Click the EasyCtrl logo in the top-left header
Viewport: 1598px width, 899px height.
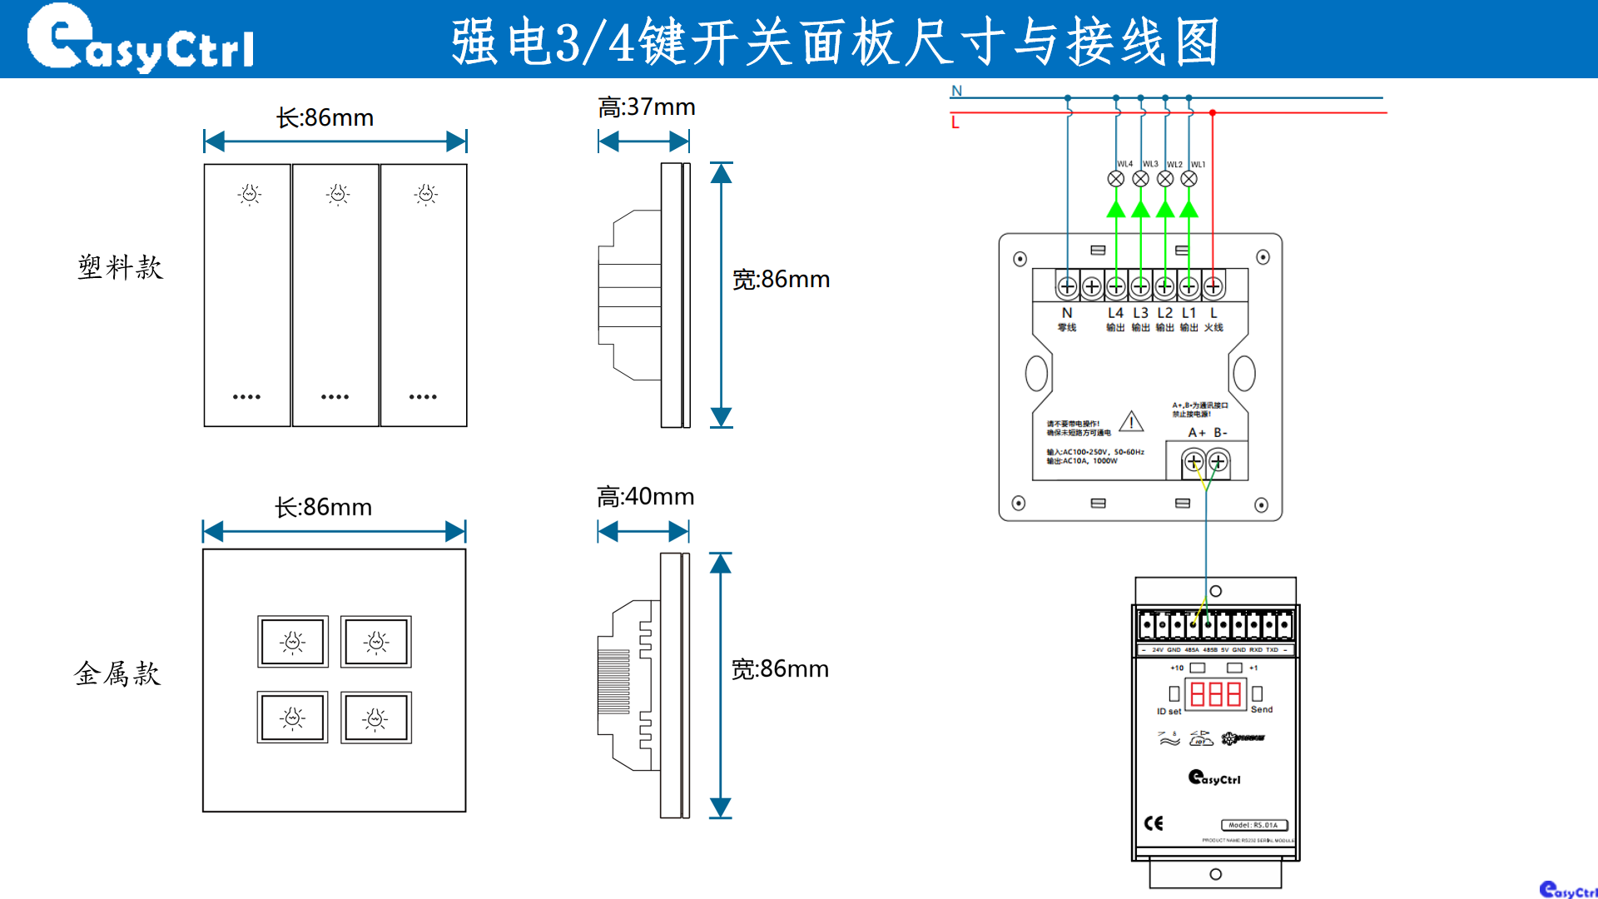(140, 38)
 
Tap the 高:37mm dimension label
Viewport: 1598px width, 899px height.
(646, 107)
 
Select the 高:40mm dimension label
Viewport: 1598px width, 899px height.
(645, 497)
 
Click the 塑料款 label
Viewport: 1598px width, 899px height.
(120, 267)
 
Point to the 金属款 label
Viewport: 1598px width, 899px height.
(117, 673)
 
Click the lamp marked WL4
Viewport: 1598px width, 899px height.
(1116, 179)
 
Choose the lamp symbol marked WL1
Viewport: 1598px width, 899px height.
(1189, 179)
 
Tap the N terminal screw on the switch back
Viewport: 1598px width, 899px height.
(1067, 286)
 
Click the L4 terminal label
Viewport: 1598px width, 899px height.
(1115, 313)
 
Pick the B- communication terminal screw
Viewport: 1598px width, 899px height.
(1218, 461)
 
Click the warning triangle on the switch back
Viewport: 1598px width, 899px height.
(1131, 422)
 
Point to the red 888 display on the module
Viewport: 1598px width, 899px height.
(1215, 694)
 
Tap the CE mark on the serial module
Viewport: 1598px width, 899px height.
(1154, 823)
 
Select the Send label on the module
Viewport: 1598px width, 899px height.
(1262, 709)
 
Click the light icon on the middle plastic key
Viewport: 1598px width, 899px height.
(338, 195)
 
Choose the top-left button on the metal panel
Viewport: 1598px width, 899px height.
(293, 642)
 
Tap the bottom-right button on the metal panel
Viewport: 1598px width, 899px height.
(376, 718)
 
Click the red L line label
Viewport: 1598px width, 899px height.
(955, 122)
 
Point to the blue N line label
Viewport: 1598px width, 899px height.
(957, 91)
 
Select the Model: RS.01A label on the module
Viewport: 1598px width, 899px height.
(1253, 825)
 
